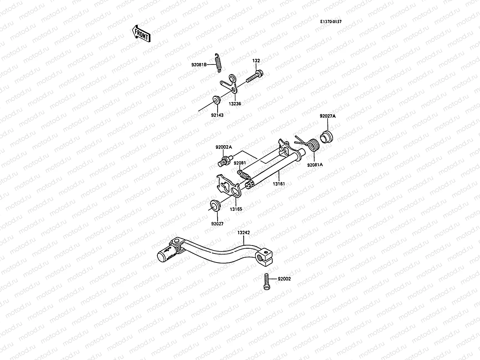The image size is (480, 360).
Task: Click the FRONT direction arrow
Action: click(x=141, y=33)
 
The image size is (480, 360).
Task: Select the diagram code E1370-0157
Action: click(x=331, y=22)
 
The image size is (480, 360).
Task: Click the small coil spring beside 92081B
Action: click(x=218, y=62)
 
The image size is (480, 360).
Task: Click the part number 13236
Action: click(x=235, y=103)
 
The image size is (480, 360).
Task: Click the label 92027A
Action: click(x=328, y=116)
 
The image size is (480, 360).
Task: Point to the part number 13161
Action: click(x=279, y=184)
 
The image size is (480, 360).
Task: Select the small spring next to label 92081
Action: click(x=244, y=174)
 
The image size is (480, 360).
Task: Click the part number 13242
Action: click(x=244, y=232)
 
